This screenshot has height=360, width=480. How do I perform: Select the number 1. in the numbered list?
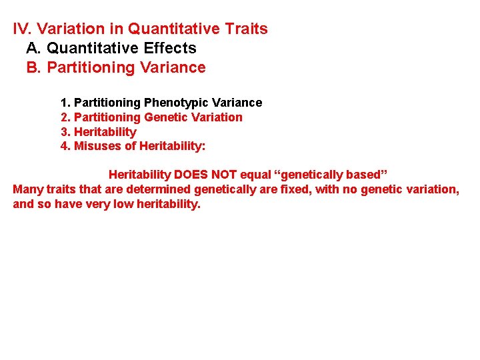65,103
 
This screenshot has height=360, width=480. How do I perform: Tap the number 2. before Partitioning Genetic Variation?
65,117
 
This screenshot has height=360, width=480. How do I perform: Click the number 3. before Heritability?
65,132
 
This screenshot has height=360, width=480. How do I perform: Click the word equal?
256,175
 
